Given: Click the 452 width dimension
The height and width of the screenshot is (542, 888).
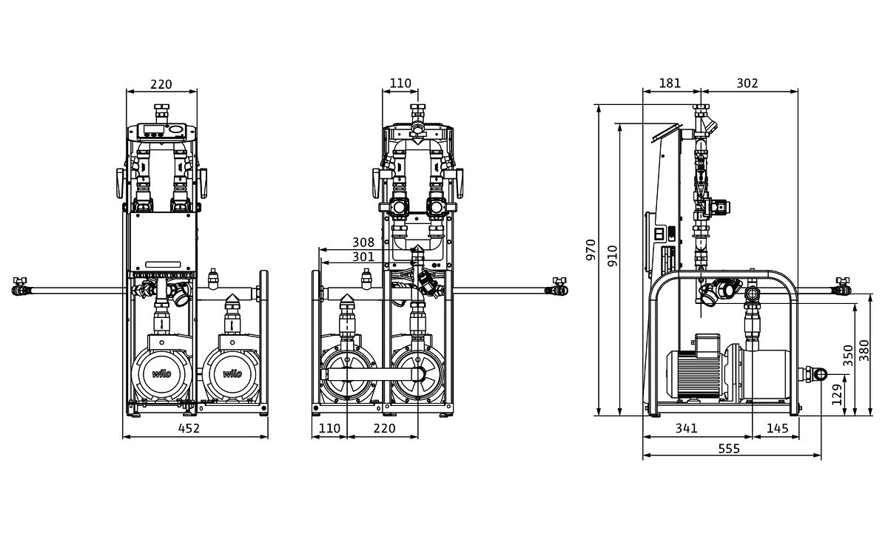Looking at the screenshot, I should [x=189, y=428].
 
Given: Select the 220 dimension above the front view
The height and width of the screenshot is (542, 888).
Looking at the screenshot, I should [x=161, y=84].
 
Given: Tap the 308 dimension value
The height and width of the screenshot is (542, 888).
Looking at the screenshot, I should [x=363, y=242].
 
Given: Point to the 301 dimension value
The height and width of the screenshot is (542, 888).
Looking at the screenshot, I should [x=363, y=257].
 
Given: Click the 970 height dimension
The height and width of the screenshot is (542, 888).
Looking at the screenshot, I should [x=590, y=250].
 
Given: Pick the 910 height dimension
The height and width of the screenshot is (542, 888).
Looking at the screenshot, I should [x=611, y=256].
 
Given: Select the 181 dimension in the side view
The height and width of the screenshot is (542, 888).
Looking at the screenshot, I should [x=670, y=84].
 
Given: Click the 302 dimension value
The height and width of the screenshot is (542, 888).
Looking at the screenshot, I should [x=747, y=84].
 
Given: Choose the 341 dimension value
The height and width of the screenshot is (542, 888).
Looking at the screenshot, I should [x=687, y=428].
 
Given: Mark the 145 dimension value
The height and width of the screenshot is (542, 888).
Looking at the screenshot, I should [x=777, y=428].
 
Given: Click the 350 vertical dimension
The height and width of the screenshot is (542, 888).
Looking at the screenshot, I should [x=848, y=354].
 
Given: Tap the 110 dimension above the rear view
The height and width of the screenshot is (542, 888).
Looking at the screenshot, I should [x=400, y=84].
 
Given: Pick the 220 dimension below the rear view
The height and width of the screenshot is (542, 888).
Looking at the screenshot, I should [x=384, y=428].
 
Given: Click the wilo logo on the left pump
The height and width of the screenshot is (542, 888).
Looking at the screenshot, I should [x=161, y=373].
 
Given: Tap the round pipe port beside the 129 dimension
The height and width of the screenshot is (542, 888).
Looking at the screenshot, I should [x=819, y=375].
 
